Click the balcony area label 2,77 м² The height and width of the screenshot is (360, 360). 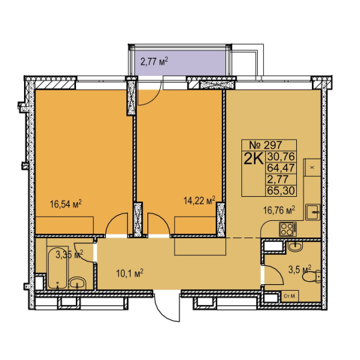pyautogui.click(x=154, y=62)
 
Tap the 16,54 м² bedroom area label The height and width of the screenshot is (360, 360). pyautogui.click(x=66, y=204)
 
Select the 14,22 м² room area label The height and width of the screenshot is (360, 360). pyautogui.click(x=199, y=200)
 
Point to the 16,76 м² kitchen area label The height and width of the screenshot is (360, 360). pyautogui.click(x=279, y=210)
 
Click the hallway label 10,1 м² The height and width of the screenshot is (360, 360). pyautogui.click(x=129, y=273)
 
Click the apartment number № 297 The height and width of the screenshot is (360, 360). pyautogui.click(x=265, y=145)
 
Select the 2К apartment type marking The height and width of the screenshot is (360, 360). pyautogui.click(x=253, y=159)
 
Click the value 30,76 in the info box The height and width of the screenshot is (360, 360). pyautogui.click(x=280, y=157)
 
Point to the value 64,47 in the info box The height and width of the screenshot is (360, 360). pyautogui.click(x=280, y=168)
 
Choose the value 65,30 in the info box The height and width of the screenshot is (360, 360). pyautogui.click(x=280, y=191)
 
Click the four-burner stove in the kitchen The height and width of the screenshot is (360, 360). pyautogui.click(x=288, y=228)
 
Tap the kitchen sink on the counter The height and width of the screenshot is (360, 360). pyautogui.click(x=313, y=212)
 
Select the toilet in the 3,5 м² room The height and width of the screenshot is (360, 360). pyautogui.click(x=312, y=277)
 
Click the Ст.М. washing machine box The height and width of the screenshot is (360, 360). pyautogui.click(x=290, y=296)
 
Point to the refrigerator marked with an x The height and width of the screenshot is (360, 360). pyautogui.click(x=312, y=168)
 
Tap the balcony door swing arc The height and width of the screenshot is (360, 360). pyautogui.click(x=150, y=94)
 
